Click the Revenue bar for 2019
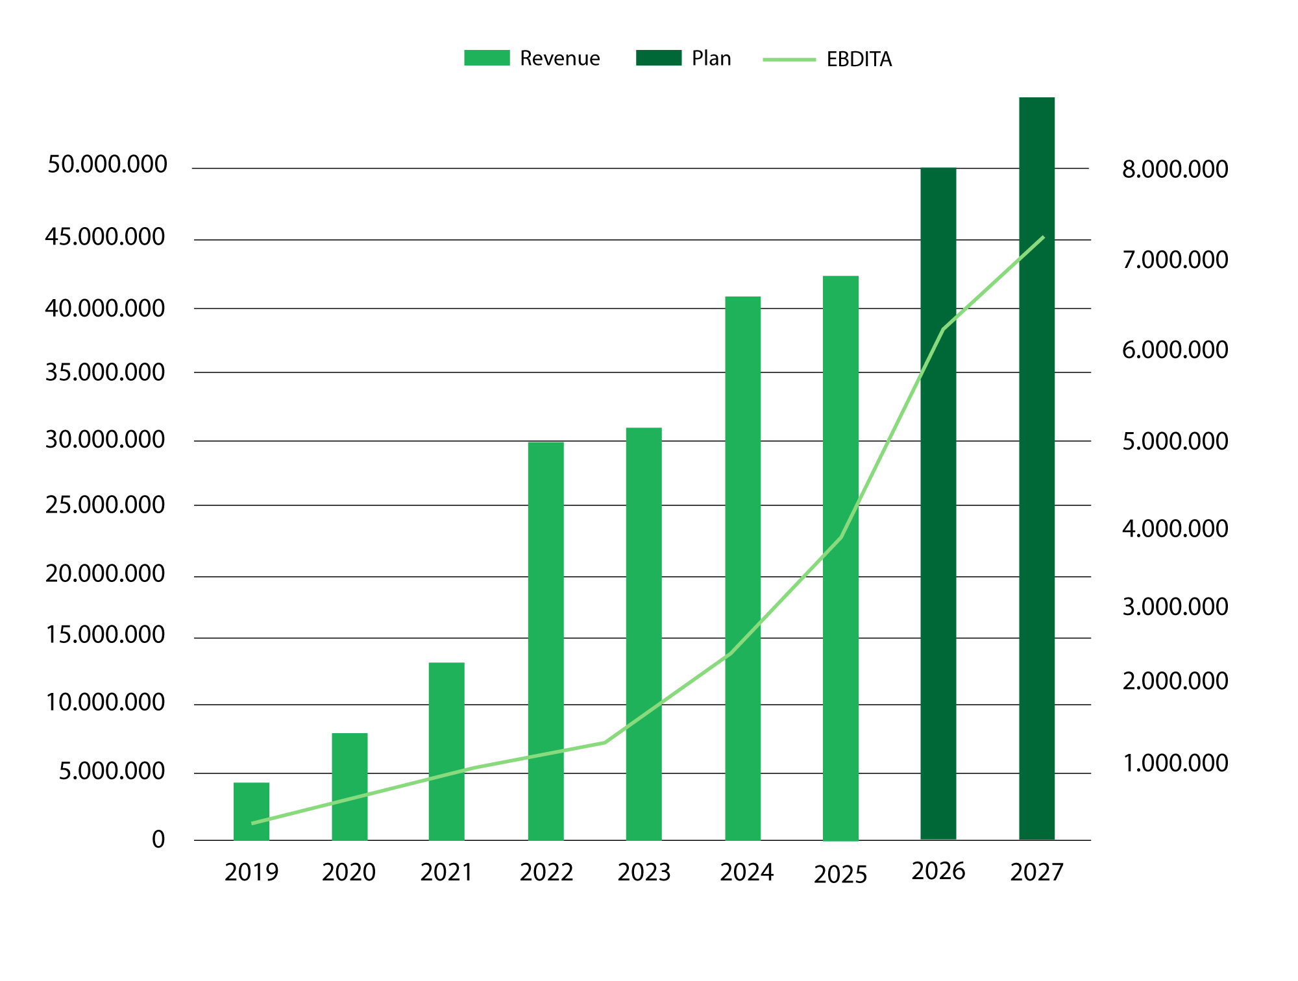(251, 811)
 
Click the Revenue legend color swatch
(487, 58)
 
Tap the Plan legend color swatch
(659, 58)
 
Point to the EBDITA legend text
(859, 60)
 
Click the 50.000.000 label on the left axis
(107, 165)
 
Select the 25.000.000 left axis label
(105, 505)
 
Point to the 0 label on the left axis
(158, 840)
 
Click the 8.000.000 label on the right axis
(1175, 169)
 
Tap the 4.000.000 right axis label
(1175, 529)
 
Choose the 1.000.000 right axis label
(1175, 763)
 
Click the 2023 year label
(644, 873)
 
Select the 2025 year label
(840, 875)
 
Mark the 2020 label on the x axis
(349, 873)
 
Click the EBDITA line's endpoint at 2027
(1043, 237)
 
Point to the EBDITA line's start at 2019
(252, 823)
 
